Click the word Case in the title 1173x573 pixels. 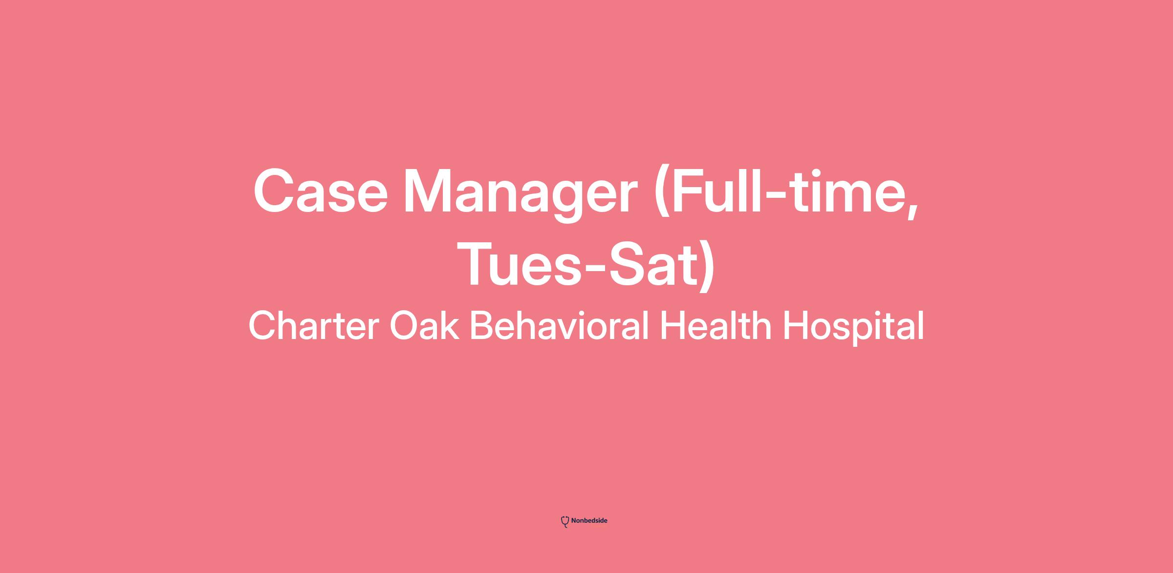[321, 191]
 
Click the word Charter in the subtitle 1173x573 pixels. [313, 325]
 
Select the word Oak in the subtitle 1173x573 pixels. [424, 325]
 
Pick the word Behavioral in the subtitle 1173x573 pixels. [560, 325]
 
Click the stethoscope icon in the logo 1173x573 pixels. [565, 522]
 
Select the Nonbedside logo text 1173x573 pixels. [589, 521]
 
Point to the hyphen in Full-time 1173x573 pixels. [778, 198]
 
